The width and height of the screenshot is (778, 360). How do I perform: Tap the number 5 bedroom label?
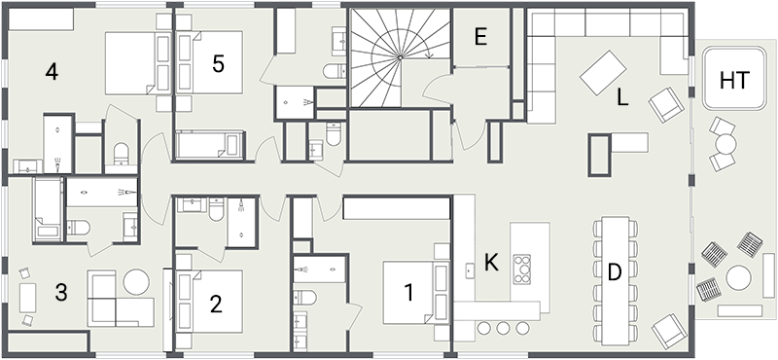click(218, 63)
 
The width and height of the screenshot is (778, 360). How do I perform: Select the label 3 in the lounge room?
click(60, 291)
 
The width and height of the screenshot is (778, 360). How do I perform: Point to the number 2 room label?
click(216, 303)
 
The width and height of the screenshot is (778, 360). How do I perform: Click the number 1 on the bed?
click(408, 290)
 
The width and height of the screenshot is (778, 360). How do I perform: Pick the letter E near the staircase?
click(479, 37)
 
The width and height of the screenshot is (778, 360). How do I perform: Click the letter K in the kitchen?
click(491, 263)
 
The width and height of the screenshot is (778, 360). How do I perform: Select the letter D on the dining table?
click(614, 272)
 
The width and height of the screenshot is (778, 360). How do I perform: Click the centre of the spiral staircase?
click(398, 56)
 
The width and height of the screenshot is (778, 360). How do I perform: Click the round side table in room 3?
click(136, 281)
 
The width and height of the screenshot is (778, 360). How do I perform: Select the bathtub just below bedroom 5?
click(210, 146)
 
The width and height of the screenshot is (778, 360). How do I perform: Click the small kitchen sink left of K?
click(469, 270)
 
